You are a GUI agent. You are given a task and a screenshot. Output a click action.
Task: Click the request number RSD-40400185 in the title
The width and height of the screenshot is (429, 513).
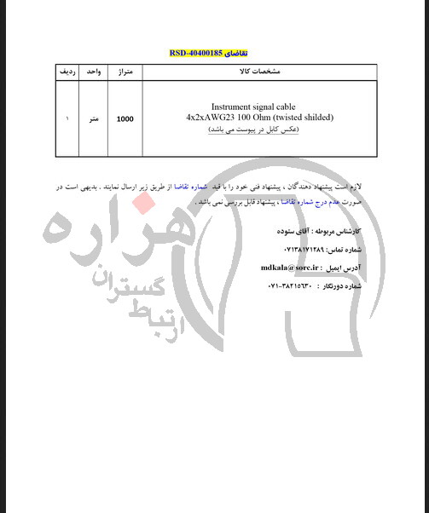(x=197, y=53)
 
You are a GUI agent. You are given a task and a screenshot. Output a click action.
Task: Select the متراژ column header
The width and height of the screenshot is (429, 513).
(x=125, y=72)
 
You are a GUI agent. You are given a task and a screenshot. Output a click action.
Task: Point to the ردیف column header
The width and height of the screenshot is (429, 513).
(x=66, y=72)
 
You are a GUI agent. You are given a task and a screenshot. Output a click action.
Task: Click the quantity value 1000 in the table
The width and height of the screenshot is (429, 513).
(x=125, y=119)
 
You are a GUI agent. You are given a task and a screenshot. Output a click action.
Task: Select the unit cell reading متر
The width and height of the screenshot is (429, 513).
(x=94, y=119)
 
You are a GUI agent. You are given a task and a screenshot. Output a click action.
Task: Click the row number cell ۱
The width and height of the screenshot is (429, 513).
(x=66, y=119)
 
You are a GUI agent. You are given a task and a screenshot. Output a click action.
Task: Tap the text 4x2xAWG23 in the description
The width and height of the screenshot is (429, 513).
(x=213, y=117)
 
